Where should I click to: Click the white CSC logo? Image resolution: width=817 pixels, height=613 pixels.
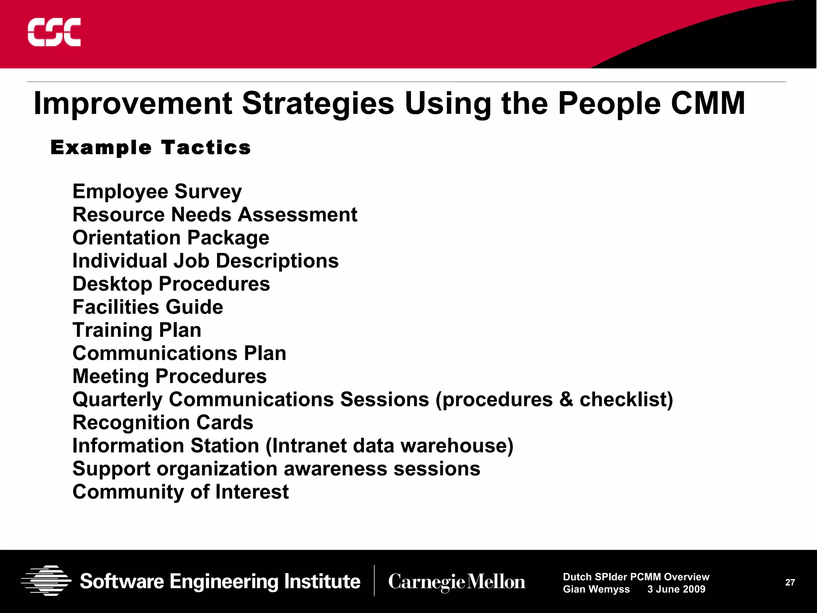click(x=54, y=32)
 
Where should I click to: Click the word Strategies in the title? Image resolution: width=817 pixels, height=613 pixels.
click(x=318, y=104)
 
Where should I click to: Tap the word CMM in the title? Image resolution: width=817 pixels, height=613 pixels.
click(x=707, y=103)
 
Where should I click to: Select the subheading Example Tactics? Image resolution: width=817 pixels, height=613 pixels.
click(x=151, y=148)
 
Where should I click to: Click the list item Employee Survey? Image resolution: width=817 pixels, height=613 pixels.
click(x=157, y=192)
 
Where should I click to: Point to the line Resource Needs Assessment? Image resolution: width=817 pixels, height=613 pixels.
click(x=215, y=215)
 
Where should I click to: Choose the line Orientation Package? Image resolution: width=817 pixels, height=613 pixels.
click(x=171, y=238)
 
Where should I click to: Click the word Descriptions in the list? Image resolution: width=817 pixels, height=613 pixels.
click(x=277, y=261)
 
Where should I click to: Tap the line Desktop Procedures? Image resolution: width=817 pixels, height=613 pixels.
click(x=171, y=284)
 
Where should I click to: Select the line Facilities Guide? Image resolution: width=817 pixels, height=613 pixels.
click(x=148, y=307)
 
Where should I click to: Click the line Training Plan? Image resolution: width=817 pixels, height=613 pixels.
click(x=137, y=330)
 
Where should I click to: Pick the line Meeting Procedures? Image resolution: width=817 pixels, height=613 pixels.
click(x=170, y=376)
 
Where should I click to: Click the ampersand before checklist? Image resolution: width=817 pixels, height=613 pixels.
click(x=566, y=399)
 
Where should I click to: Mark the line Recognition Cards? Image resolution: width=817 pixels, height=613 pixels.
click(x=163, y=423)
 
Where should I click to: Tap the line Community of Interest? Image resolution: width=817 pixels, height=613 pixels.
click(x=180, y=492)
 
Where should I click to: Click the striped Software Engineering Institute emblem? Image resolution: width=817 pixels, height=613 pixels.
click(x=46, y=581)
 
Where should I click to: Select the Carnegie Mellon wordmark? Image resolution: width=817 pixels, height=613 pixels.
click(x=457, y=582)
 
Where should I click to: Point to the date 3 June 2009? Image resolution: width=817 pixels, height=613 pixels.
click(x=676, y=589)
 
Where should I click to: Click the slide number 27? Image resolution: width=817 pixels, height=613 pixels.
click(x=790, y=582)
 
